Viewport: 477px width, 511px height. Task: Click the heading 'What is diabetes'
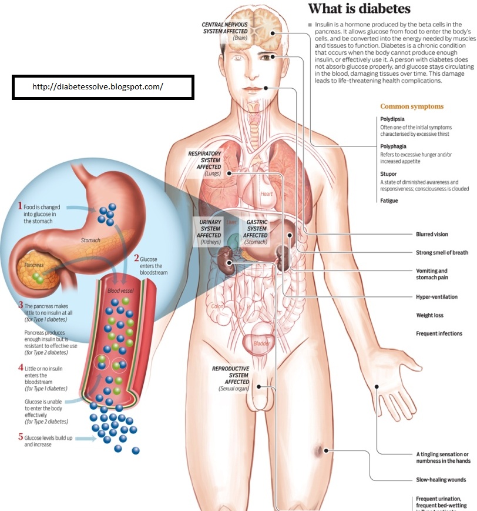pos(359,9)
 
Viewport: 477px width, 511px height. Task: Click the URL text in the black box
pos(98,86)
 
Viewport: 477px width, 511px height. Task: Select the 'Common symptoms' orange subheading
pos(412,106)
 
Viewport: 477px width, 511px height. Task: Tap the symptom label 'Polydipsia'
pos(393,119)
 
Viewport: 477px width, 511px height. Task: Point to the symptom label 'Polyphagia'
pos(394,146)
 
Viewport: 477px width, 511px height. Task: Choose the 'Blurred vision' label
pos(432,234)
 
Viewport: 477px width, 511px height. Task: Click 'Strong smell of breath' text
pos(442,252)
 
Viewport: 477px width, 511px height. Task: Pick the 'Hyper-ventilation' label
pos(436,297)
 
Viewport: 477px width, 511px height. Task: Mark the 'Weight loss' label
pos(429,315)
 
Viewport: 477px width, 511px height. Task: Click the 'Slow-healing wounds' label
pos(441,479)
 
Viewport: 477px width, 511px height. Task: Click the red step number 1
pos(20,206)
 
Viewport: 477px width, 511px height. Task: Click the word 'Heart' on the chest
pos(267,194)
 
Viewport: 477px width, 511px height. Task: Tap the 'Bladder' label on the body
pos(261,343)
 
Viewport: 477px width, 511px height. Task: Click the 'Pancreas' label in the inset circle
pos(34,266)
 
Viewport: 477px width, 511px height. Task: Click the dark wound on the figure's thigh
pos(318,452)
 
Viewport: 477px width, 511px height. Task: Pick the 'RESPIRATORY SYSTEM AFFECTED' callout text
pos(204,160)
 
